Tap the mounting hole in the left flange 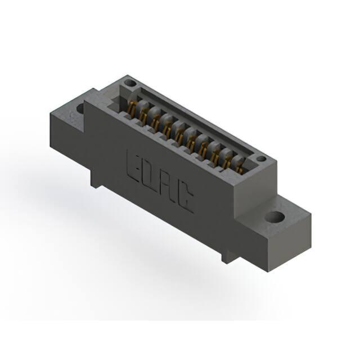[x=80, y=109]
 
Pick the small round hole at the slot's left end [x=130, y=83]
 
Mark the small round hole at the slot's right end [x=261, y=159]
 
